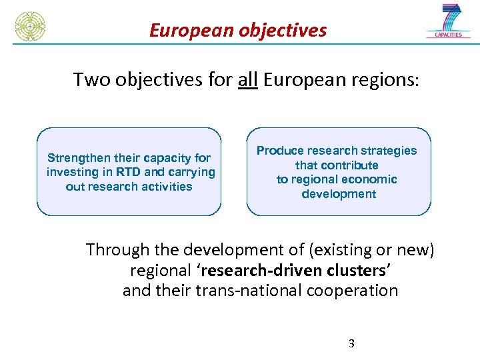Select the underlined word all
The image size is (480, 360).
click(248, 80)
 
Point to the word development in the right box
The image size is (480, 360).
click(339, 194)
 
